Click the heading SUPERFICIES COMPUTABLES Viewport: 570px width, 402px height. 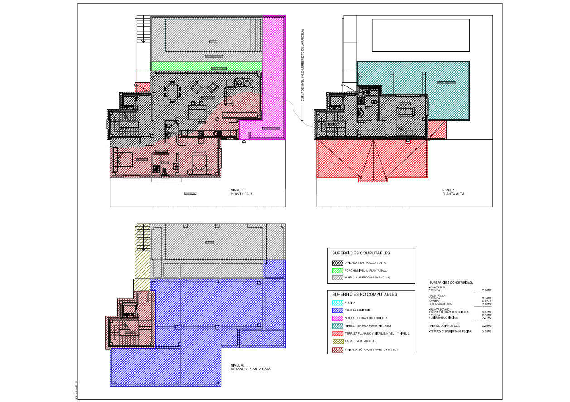click(361, 253)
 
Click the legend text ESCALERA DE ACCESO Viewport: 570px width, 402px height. click(360, 341)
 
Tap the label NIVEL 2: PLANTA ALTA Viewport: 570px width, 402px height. click(453, 192)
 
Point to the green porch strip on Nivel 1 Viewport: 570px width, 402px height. click(206, 66)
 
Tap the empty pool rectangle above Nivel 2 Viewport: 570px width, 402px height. click(420, 35)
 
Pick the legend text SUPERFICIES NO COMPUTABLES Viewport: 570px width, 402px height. click(364, 294)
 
